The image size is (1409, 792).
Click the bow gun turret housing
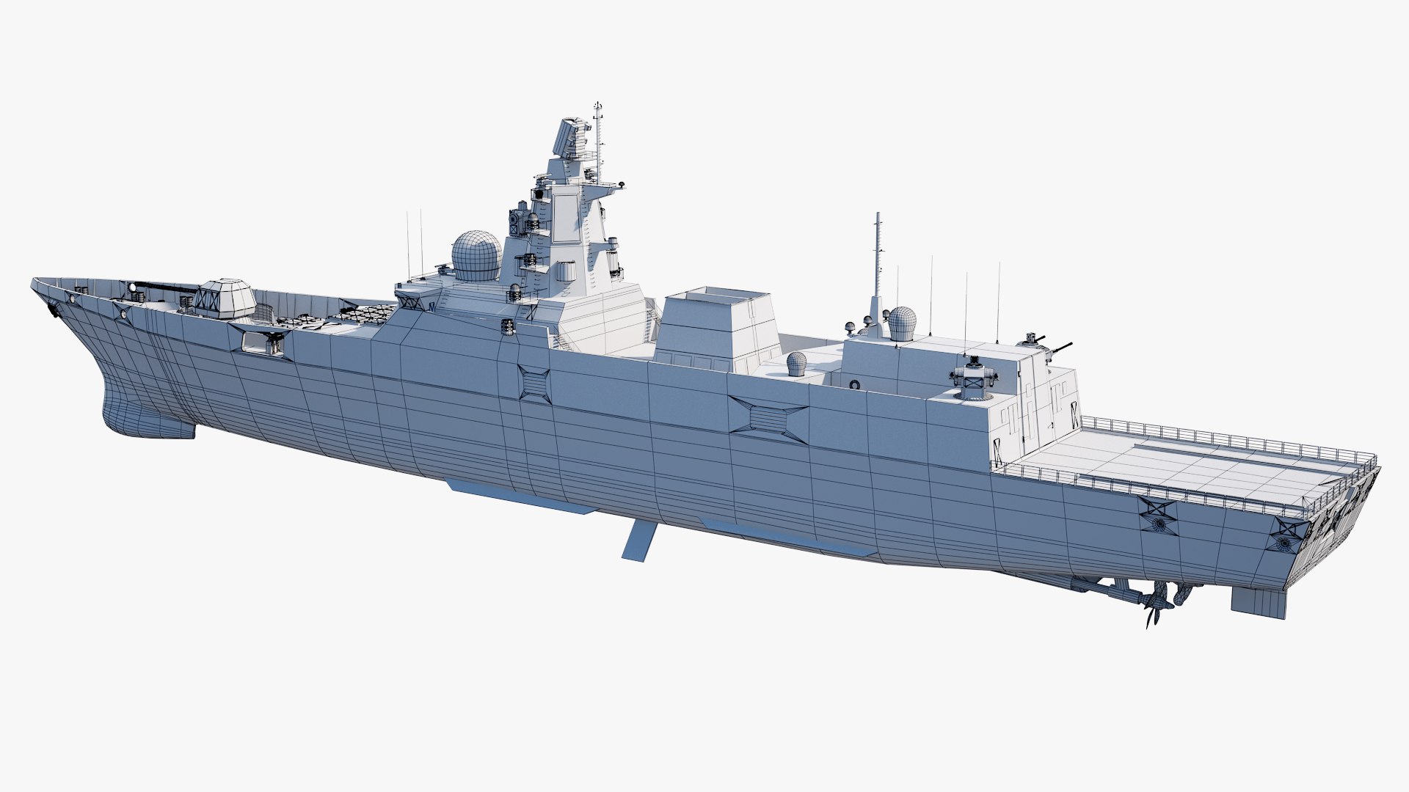click(227, 298)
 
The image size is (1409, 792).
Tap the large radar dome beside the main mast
click(476, 255)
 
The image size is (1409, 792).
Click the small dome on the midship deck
click(797, 363)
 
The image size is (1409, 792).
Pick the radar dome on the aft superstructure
click(902, 323)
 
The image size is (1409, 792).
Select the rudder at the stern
click(1258, 601)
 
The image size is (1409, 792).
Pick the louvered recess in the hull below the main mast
click(534, 384)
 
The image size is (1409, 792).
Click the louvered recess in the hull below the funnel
click(768, 419)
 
